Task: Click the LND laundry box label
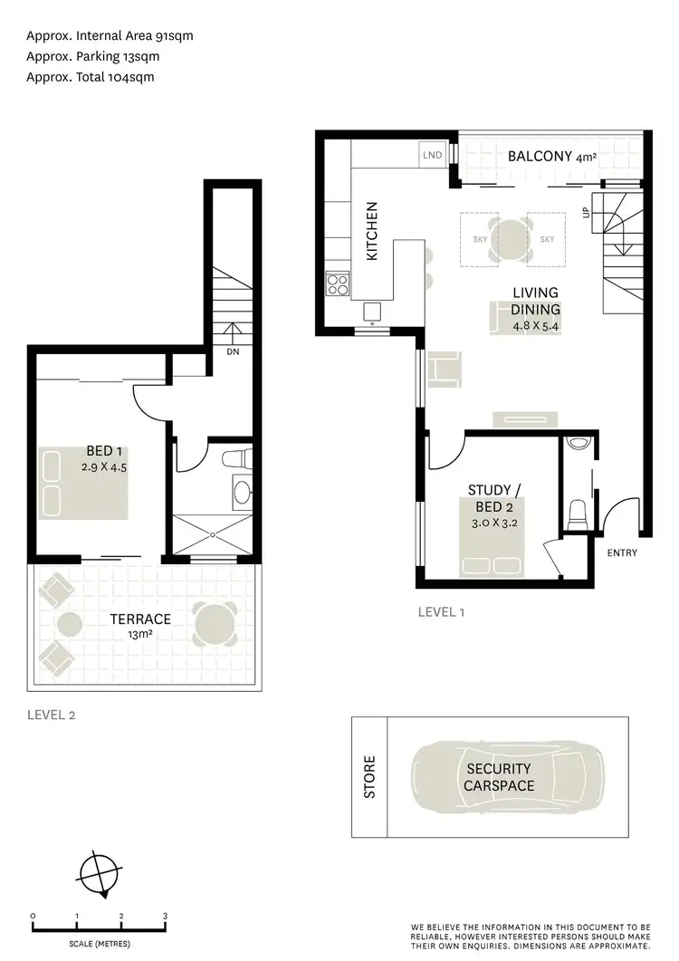(x=432, y=155)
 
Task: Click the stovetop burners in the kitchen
(x=338, y=285)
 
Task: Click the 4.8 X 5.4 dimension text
(x=536, y=325)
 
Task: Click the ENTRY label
(x=622, y=553)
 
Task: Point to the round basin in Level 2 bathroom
(x=242, y=493)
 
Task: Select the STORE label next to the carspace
(x=369, y=778)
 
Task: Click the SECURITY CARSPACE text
(x=499, y=776)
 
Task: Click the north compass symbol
(x=98, y=874)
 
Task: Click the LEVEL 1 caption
(x=441, y=612)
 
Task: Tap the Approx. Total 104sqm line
(x=91, y=77)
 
